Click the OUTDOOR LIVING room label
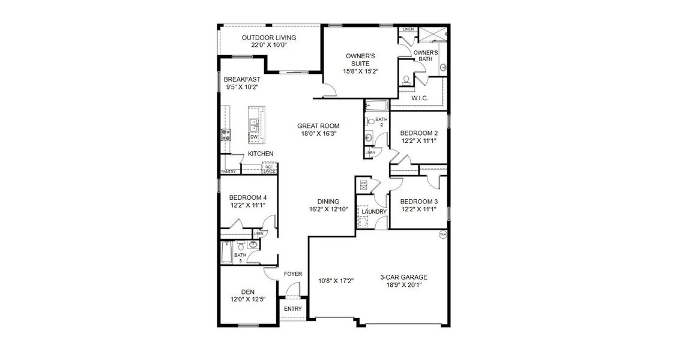tap(269, 38)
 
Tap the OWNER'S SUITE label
tap(361, 59)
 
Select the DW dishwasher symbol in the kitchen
tap(254, 137)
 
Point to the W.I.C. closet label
tap(419, 98)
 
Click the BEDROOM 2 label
tap(419, 133)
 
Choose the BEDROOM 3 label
tap(419, 201)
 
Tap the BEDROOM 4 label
tap(247, 197)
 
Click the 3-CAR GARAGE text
tap(403, 277)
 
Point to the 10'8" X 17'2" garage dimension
tap(336, 280)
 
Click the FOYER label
tap(293, 274)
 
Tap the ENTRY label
tap(293, 309)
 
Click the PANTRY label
tap(228, 172)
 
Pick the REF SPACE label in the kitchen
tap(268, 169)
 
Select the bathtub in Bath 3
tap(226, 254)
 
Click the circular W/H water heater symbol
tap(443, 235)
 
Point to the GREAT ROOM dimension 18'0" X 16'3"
tap(318, 134)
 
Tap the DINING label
tap(328, 202)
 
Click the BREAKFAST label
tap(242, 79)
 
